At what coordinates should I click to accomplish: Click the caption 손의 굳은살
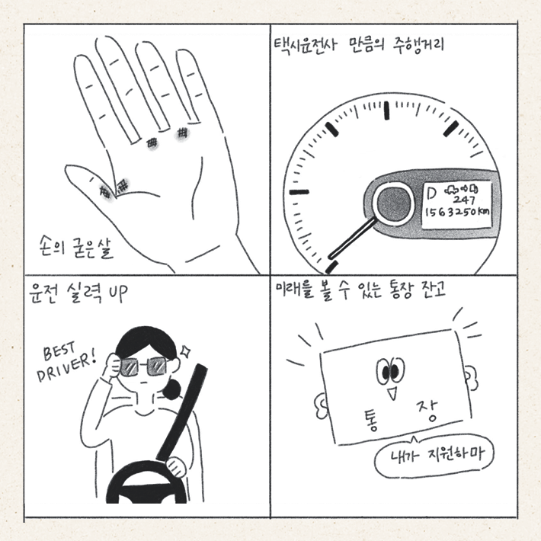pos(75,248)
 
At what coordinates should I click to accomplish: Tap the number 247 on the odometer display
pos(464,200)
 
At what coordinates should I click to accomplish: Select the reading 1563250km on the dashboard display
pos(456,212)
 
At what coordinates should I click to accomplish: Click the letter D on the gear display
pos(431,193)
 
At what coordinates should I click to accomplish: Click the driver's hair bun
pos(171,389)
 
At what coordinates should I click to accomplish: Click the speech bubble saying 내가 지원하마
pos(434,457)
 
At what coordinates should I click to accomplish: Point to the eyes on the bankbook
pos(390,370)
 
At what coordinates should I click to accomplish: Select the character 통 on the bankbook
pos(370,421)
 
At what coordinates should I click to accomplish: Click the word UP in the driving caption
pos(118,294)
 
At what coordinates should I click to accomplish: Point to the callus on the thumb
pos(104,190)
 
